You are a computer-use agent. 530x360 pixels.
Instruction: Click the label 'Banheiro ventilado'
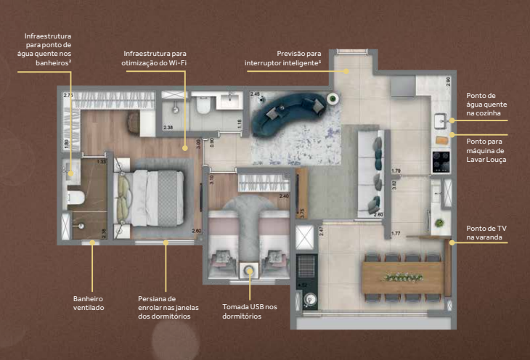click(89, 303)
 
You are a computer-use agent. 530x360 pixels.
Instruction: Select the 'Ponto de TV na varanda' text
click(486, 232)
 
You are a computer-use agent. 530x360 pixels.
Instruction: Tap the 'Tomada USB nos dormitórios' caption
click(250, 312)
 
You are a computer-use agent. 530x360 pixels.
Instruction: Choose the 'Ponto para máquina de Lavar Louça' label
click(487, 150)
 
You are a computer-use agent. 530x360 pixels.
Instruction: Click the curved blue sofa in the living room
click(288, 113)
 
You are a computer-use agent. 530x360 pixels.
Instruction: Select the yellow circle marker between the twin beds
click(250, 271)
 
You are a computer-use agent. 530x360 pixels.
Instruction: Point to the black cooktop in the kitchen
click(440, 161)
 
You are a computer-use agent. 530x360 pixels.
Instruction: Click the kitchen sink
click(441, 120)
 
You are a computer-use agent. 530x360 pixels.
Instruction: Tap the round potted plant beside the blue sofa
click(333, 99)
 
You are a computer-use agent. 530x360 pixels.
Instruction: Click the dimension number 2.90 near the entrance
click(448, 81)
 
